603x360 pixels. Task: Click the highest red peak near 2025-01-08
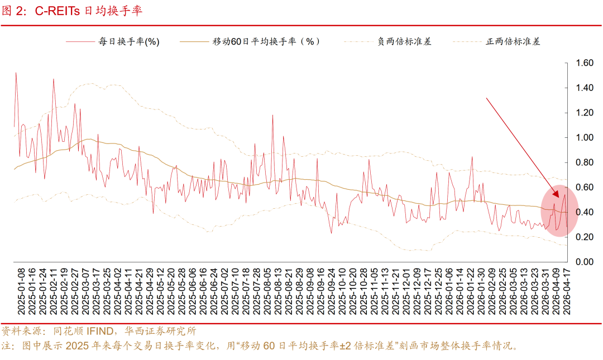[x=16, y=73]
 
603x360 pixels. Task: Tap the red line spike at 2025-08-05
[x=272, y=116]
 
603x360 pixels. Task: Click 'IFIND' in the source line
[x=99, y=331]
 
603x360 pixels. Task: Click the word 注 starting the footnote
[x=7, y=346]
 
